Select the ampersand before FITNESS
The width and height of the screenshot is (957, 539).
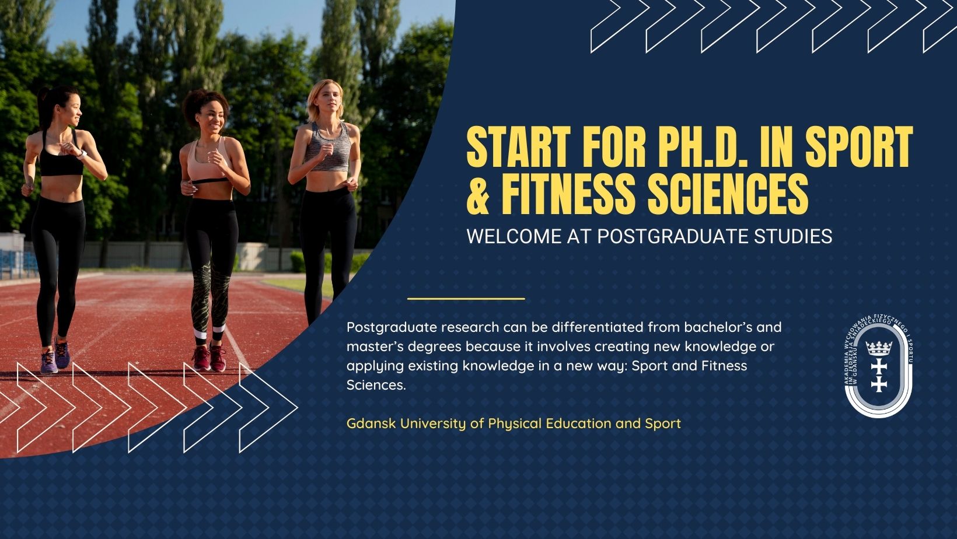pyautogui.click(x=478, y=194)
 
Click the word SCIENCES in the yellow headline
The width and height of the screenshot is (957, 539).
pyautogui.click(x=728, y=194)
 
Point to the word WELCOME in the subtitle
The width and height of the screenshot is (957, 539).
pyautogui.click(x=514, y=236)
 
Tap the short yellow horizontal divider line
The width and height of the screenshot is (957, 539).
pyautogui.click(x=466, y=299)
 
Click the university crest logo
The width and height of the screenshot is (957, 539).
pyautogui.click(x=879, y=366)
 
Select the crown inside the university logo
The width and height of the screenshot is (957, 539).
pyautogui.click(x=879, y=348)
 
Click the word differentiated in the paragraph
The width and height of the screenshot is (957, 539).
pyautogui.click(x=598, y=327)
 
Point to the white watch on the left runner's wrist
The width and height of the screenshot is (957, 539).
pyautogui.click(x=82, y=154)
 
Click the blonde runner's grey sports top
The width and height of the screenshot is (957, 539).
pyautogui.click(x=328, y=146)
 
